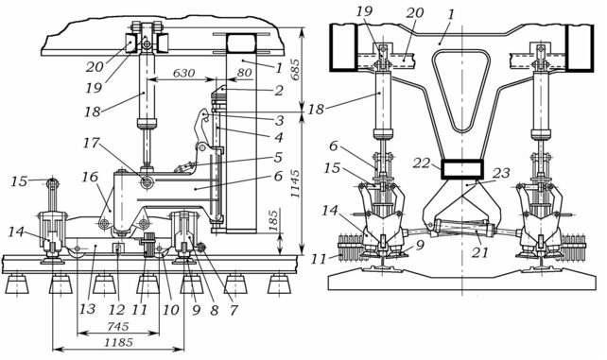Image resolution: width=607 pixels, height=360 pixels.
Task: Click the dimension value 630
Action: click(183, 73)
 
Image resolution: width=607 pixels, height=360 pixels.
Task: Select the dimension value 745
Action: click(118, 326)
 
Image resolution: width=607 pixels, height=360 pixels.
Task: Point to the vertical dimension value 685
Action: click(295, 70)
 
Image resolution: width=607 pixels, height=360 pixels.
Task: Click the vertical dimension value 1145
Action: click(295, 183)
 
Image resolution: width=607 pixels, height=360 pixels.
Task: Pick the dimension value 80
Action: click(245, 73)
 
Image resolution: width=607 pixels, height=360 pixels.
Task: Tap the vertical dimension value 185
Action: click(273, 221)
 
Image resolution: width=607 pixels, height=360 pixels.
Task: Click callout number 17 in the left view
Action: click(93, 144)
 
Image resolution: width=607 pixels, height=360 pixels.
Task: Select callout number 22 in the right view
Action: click(422, 163)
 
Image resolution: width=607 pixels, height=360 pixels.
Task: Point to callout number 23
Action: click(501, 173)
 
